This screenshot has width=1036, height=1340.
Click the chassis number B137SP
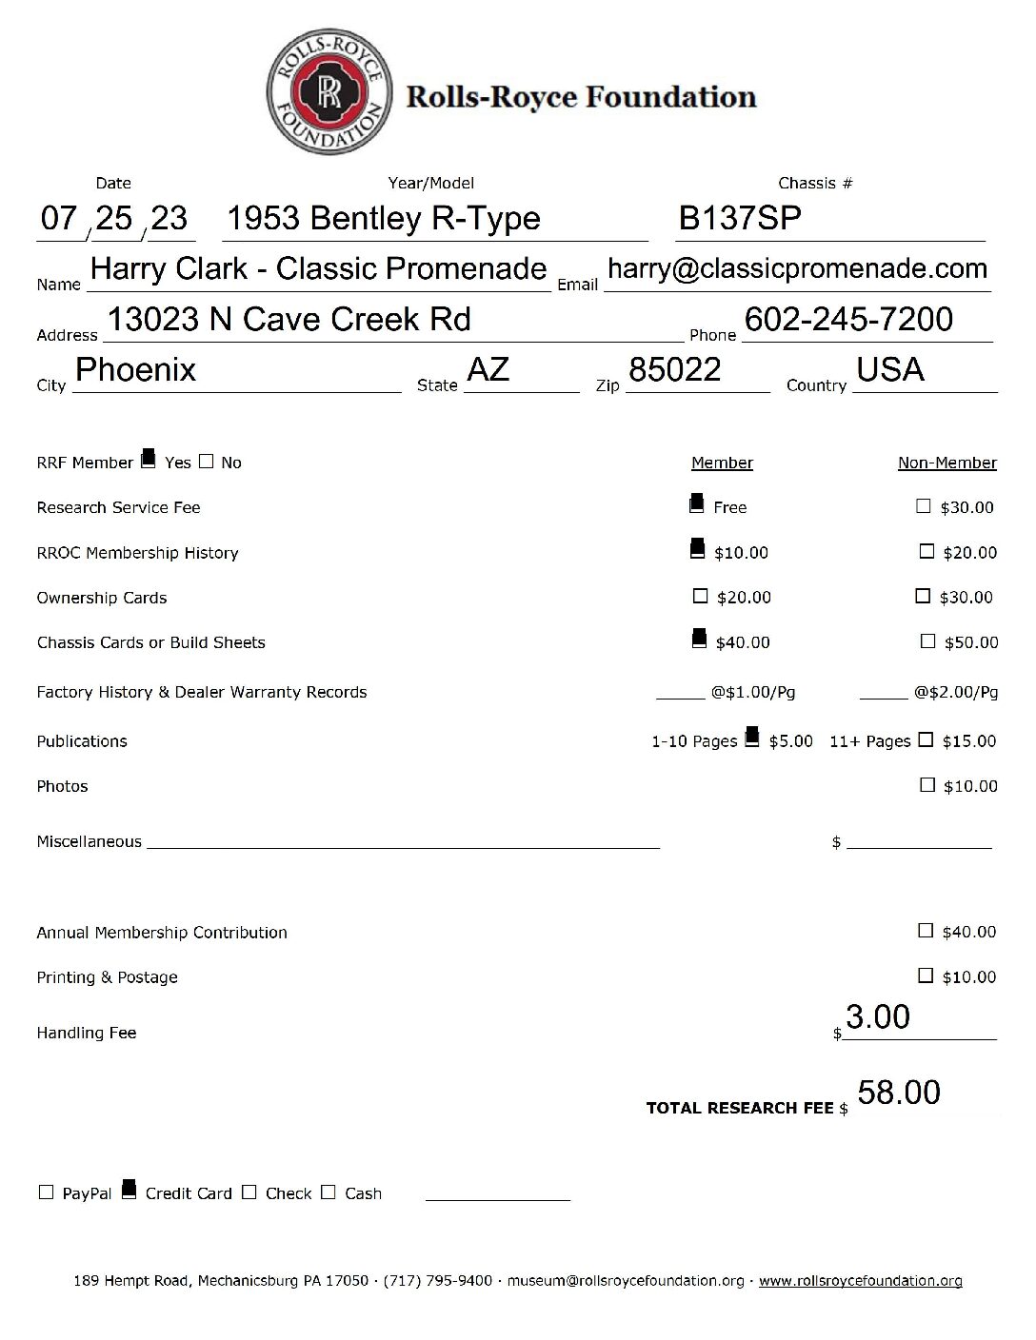click(739, 219)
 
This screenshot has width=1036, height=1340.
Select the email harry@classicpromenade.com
click(797, 268)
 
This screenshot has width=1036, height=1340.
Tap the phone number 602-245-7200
click(848, 320)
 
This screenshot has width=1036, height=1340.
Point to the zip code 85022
click(674, 369)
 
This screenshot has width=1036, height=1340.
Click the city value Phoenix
click(135, 369)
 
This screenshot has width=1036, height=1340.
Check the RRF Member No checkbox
click(207, 462)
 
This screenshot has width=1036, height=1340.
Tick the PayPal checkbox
click(46, 1192)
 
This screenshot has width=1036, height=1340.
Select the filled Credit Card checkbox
click(129, 1191)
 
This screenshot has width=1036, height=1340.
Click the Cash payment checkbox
click(329, 1192)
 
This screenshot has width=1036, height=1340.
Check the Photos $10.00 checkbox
click(927, 785)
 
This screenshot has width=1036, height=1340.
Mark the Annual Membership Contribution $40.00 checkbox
click(926, 931)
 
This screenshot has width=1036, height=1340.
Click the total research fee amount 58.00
click(898, 1093)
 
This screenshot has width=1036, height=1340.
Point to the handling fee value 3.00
click(877, 1017)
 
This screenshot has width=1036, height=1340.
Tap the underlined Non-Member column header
click(946, 463)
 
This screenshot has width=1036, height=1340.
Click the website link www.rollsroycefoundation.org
click(860, 1281)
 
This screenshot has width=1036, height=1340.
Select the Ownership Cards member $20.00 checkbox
click(701, 597)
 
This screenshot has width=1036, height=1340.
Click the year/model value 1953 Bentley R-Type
click(383, 219)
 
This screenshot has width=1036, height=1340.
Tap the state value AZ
click(488, 369)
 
